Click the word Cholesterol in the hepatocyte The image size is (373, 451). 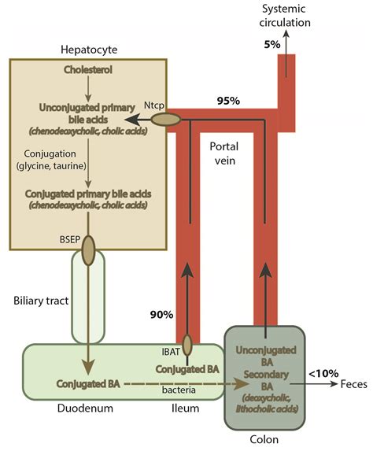click(x=88, y=71)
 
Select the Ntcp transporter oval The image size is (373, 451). click(x=165, y=120)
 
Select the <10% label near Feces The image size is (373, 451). click(x=319, y=373)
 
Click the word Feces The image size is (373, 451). click(x=355, y=384)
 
